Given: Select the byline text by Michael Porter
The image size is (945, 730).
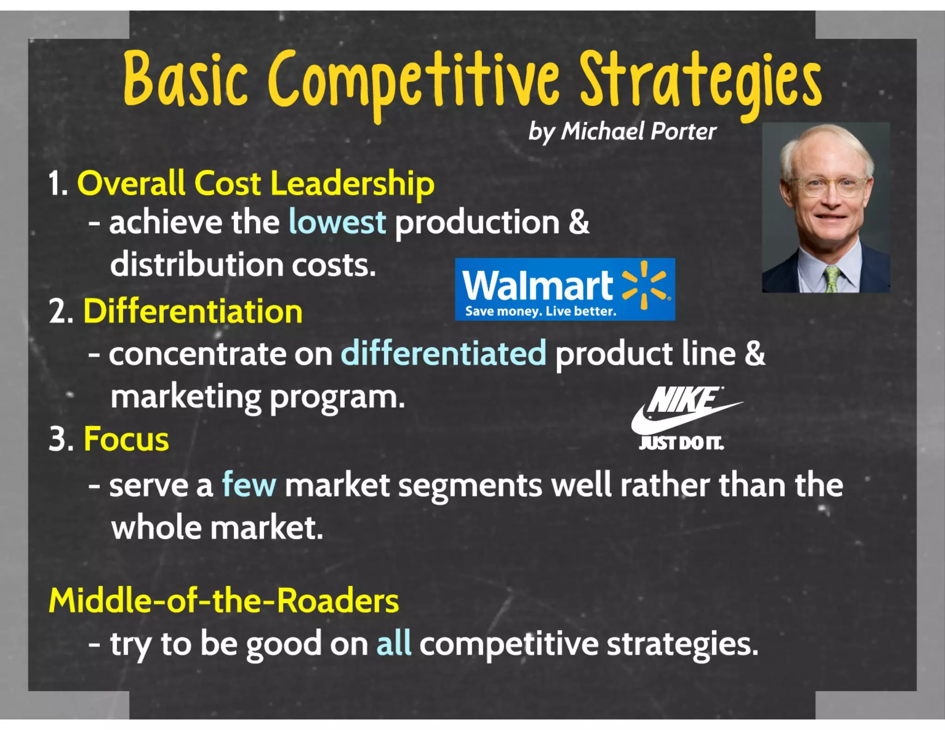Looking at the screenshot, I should [622, 132].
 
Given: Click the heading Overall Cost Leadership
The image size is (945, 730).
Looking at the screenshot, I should [256, 184].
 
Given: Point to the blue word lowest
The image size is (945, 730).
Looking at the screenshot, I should [337, 222].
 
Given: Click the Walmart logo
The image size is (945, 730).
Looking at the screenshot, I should [565, 289].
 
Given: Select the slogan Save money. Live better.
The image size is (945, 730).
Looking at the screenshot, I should [540, 311].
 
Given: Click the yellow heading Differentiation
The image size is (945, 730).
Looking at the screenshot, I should [193, 311].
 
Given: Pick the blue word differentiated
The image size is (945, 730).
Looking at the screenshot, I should [443, 354].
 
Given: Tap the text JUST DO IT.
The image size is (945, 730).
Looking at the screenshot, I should [681, 443].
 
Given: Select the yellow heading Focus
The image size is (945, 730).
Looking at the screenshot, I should [126, 439].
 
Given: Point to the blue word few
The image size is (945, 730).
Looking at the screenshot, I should [249, 485].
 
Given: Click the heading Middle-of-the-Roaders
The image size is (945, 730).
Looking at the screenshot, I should [224, 601].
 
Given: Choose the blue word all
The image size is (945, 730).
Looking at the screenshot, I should [393, 644].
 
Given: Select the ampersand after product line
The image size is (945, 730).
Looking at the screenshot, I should [754, 354].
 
